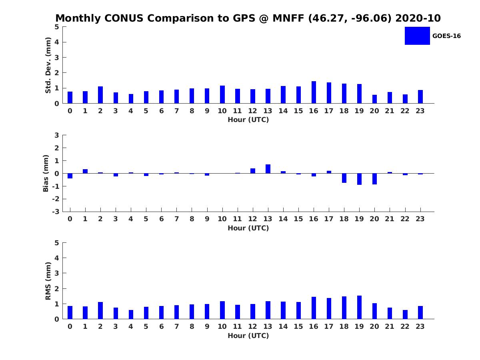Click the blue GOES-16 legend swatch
click(x=417, y=36)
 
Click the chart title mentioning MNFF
click(x=248, y=18)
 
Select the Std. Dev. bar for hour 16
click(x=314, y=92)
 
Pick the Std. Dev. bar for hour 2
click(x=100, y=95)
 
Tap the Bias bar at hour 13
click(x=268, y=169)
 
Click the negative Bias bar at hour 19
click(x=359, y=179)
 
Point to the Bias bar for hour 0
click(x=70, y=176)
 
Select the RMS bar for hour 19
click(x=359, y=307)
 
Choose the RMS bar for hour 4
click(x=131, y=314)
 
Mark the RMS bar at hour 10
click(x=222, y=310)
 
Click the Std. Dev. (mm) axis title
click(x=48, y=65)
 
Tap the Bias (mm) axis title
click(x=46, y=173)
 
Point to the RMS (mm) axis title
click(x=48, y=281)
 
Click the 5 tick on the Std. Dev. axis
click(x=57, y=27)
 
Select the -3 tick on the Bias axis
click(x=56, y=212)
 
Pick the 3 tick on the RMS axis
click(x=57, y=273)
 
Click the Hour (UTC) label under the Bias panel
click(x=248, y=228)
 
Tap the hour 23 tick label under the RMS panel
click(x=420, y=326)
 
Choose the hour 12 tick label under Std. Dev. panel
click(x=252, y=111)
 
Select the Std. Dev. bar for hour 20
click(x=374, y=99)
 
